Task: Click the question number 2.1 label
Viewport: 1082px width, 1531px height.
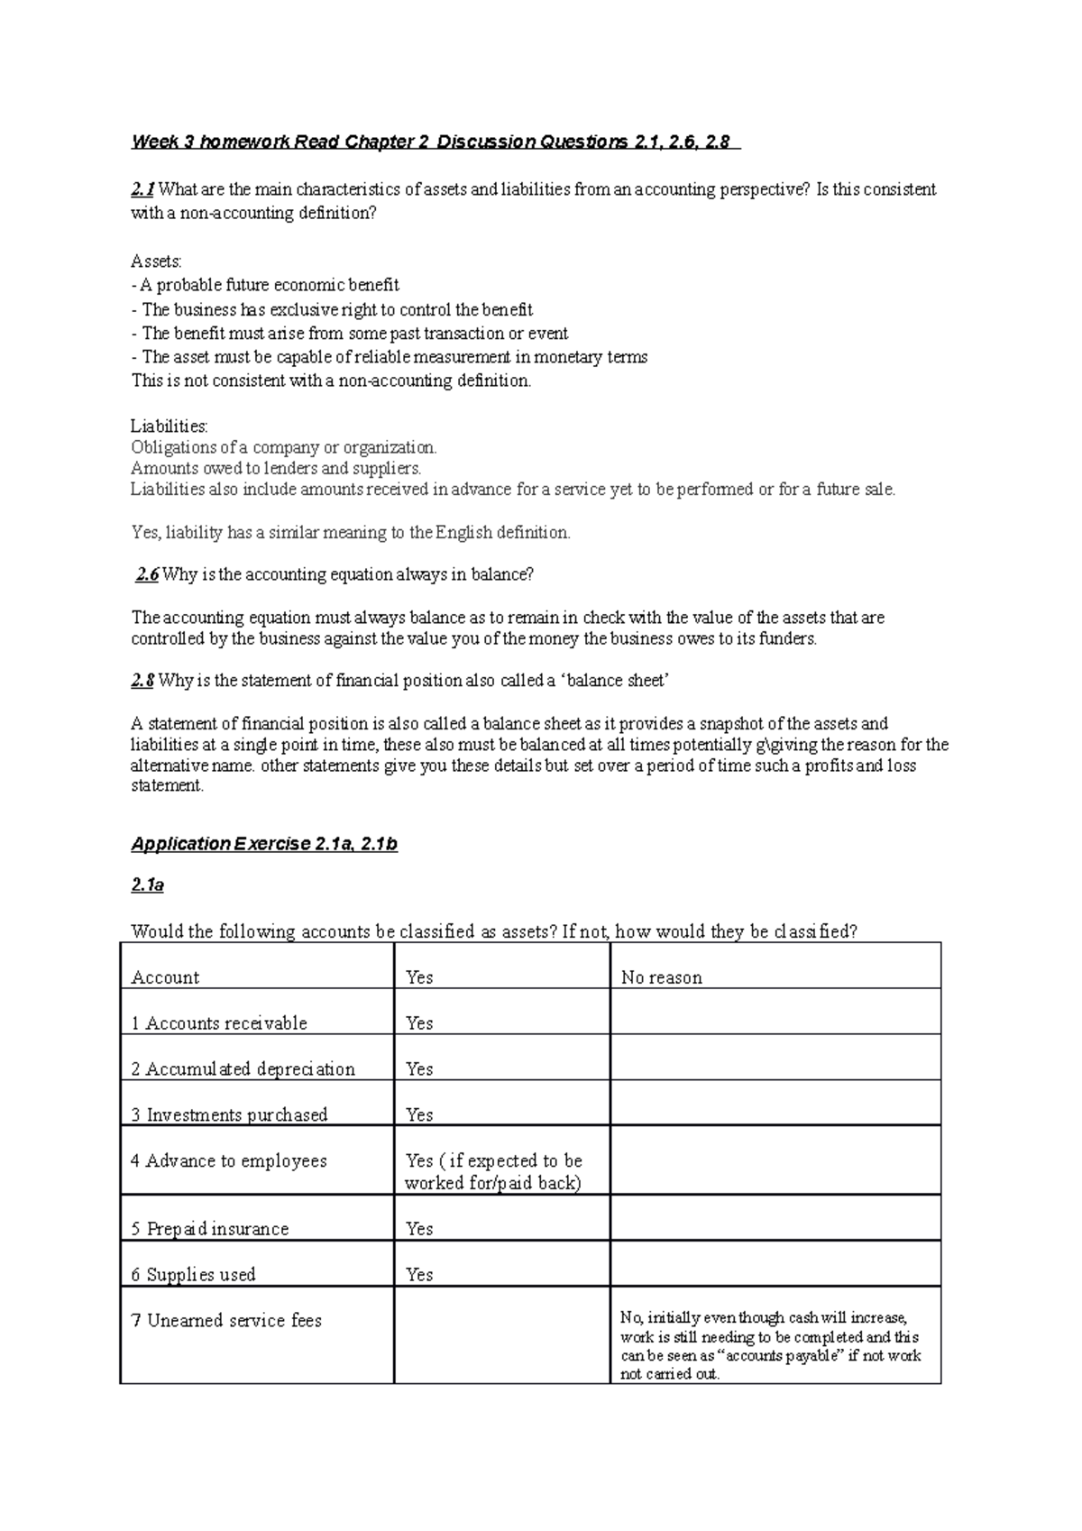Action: click(142, 189)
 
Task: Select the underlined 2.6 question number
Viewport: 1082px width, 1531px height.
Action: click(147, 574)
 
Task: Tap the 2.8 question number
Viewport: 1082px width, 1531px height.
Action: click(142, 681)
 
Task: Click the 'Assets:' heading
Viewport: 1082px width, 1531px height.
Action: click(156, 261)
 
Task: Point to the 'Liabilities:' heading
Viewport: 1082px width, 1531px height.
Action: click(170, 426)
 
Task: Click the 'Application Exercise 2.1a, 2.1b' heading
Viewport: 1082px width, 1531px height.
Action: click(264, 844)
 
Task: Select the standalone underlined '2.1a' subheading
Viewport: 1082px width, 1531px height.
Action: click(147, 885)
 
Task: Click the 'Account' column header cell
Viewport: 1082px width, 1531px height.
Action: click(165, 977)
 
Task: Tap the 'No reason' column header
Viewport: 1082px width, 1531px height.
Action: click(661, 977)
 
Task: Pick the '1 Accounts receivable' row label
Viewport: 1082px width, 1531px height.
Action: click(219, 1023)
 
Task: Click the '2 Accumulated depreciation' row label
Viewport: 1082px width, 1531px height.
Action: click(243, 1069)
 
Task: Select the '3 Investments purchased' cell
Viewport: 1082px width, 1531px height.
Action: click(229, 1115)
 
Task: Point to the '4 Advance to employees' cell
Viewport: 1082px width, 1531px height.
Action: click(229, 1161)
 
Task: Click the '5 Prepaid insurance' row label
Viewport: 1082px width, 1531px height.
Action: click(210, 1229)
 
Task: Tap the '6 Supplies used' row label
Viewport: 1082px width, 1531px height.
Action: click(193, 1275)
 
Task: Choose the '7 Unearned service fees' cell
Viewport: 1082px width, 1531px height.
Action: click(226, 1321)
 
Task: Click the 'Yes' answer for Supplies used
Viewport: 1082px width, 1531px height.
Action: click(419, 1275)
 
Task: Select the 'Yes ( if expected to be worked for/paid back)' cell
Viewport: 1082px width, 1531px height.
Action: click(493, 1172)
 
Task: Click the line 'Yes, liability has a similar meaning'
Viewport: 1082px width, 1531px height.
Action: click(351, 533)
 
